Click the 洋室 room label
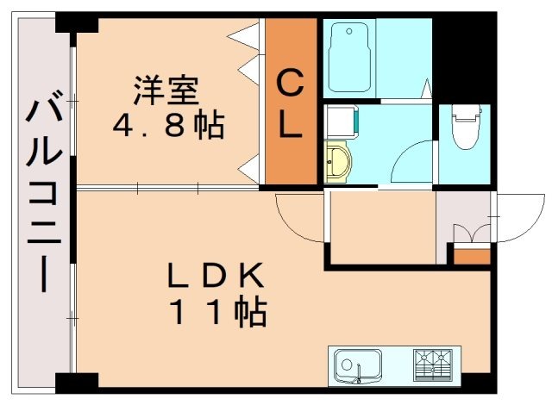pyautogui.click(x=166, y=90)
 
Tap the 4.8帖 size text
pyautogui.click(x=168, y=126)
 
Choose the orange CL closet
pyautogui.click(x=291, y=103)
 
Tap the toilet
pyautogui.click(x=465, y=129)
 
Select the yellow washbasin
pyautogui.click(x=339, y=161)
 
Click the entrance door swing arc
pyautogui.click(x=516, y=217)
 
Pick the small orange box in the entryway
pyautogui.click(x=471, y=255)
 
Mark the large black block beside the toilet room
pyautogui.click(x=462, y=56)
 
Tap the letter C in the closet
pyautogui.click(x=291, y=85)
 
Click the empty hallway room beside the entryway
pyautogui.click(x=380, y=226)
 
